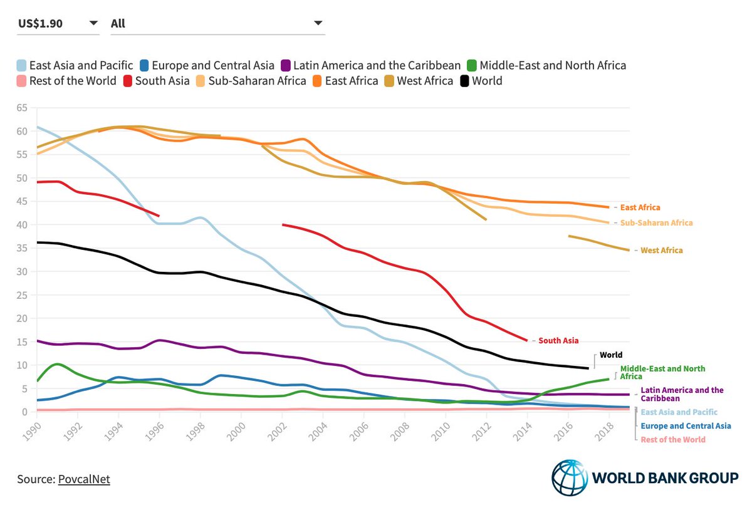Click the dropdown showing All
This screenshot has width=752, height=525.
click(217, 24)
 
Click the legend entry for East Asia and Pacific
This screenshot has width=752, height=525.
click(75, 65)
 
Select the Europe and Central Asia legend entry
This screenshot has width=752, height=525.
click(207, 65)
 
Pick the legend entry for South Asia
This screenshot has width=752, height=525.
click(156, 81)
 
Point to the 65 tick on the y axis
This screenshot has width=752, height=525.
click(22, 108)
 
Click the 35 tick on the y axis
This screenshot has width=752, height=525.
click(22, 248)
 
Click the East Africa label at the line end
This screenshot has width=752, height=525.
click(640, 207)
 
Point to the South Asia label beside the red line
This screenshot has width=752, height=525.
click(558, 341)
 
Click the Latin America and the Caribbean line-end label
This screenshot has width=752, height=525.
click(682, 394)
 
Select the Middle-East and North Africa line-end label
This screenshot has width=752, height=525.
click(662, 373)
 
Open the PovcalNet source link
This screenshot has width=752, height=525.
click(84, 479)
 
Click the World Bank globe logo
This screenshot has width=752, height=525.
click(570, 477)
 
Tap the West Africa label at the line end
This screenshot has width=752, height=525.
click(661, 251)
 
